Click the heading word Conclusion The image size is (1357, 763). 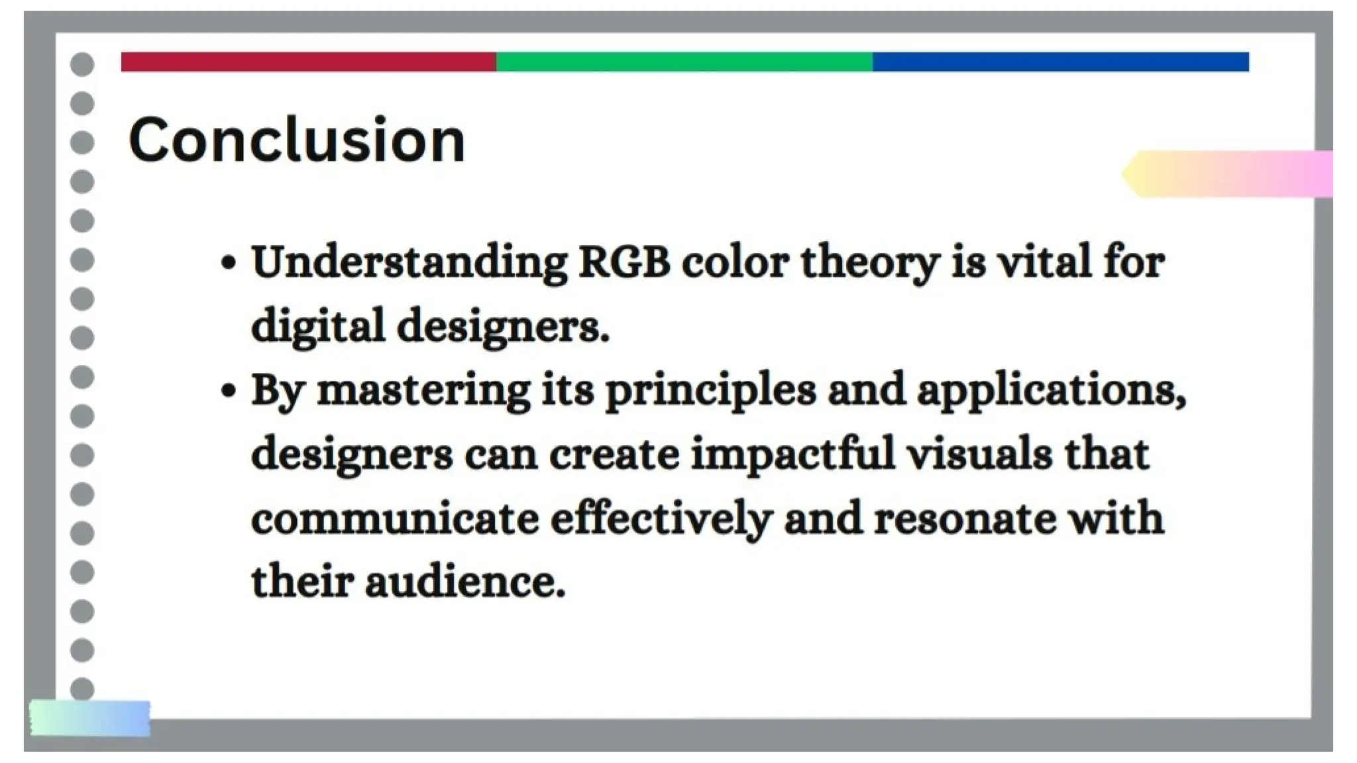pyautogui.click(x=296, y=140)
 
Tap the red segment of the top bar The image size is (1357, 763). pyautogui.click(x=308, y=62)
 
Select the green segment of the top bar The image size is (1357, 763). pyautogui.click(x=684, y=62)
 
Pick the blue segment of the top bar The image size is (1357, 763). pyautogui.click(x=1060, y=62)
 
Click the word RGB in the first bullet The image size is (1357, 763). pyautogui.click(x=624, y=262)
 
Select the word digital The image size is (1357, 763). pyautogui.click(x=318, y=327)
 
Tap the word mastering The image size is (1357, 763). pyautogui.click(x=423, y=391)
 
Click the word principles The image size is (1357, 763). pyautogui.click(x=710, y=391)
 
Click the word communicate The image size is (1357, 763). pyautogui.click(x=395, y=519)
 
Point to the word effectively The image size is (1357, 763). pyautogui.click(x=661, y=519)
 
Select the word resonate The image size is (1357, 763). pyautogui.click(x=965, y=519)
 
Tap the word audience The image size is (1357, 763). pyautogui.click(x=464, y=582)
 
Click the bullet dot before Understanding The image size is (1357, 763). pyautogui.click(x=228, y=264)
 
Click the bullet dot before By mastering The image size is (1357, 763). pyautogui.click(x=228, y=391)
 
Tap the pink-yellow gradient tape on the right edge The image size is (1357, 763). pyautogui.click(x=1229, y=174)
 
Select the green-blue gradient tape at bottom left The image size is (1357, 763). pyautogui.click(x=90, y=719)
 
